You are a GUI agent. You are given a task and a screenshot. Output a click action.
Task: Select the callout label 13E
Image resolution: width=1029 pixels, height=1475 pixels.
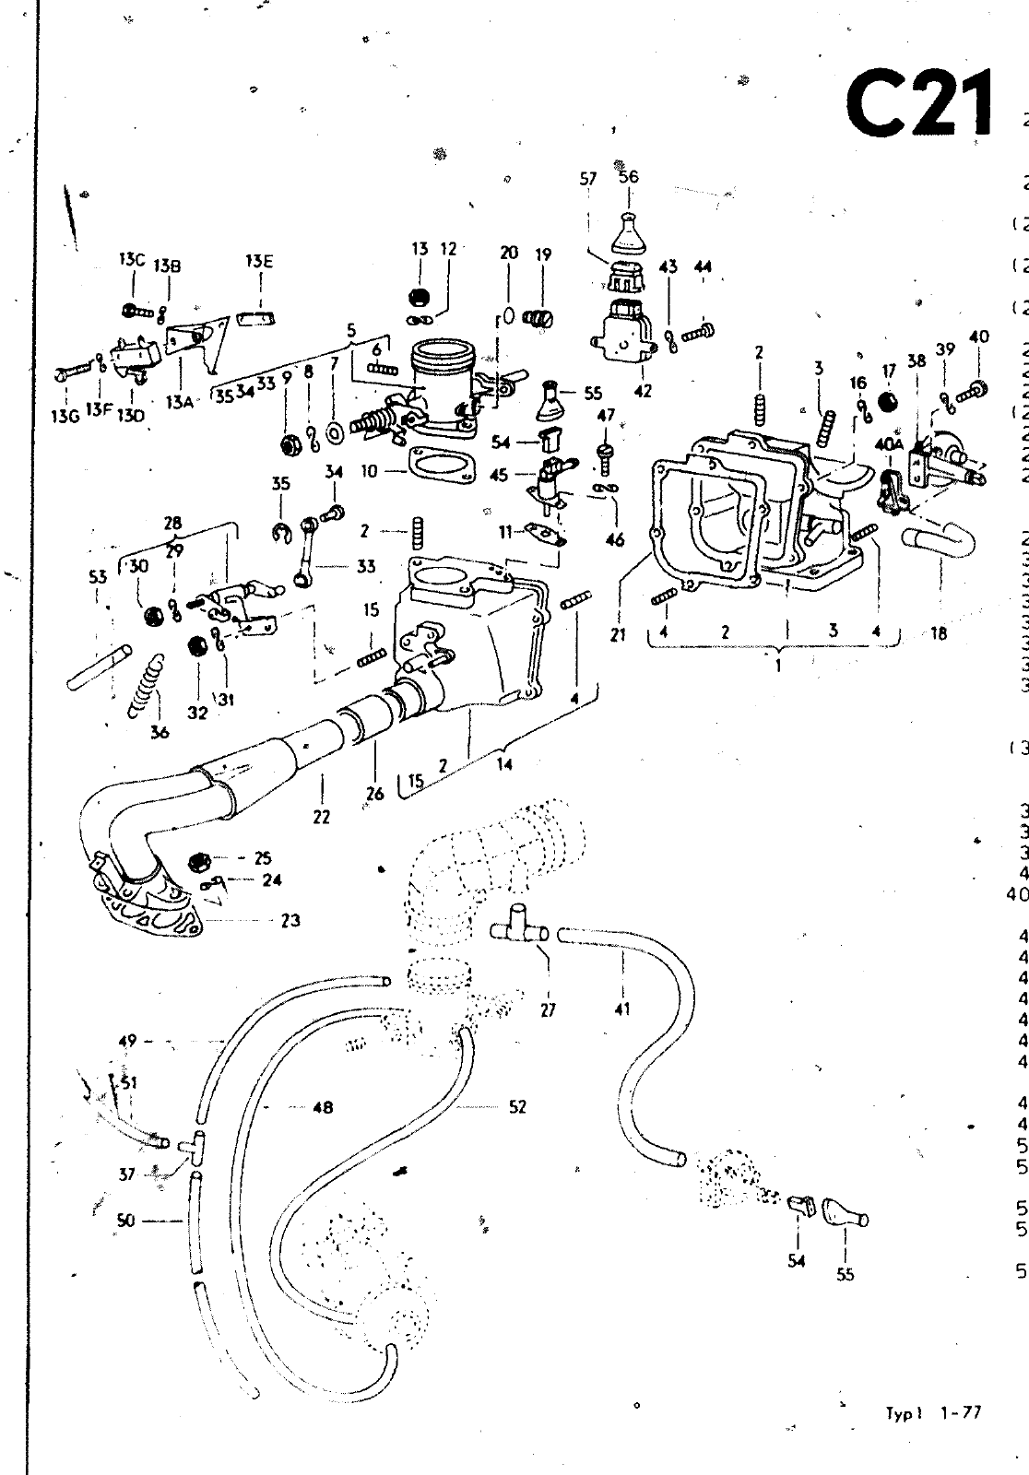click(x=259, y=262)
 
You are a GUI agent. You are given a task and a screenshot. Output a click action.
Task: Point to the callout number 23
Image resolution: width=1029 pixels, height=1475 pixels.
click(x=290, y=920)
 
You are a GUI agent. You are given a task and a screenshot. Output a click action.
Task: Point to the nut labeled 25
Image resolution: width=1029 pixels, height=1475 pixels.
click(x=196, y=862)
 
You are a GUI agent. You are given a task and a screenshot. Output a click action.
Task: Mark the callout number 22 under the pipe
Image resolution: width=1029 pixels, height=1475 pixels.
click(x=321, y=816)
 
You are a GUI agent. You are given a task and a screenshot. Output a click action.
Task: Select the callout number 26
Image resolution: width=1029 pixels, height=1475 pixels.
click(x=375, y=792)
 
